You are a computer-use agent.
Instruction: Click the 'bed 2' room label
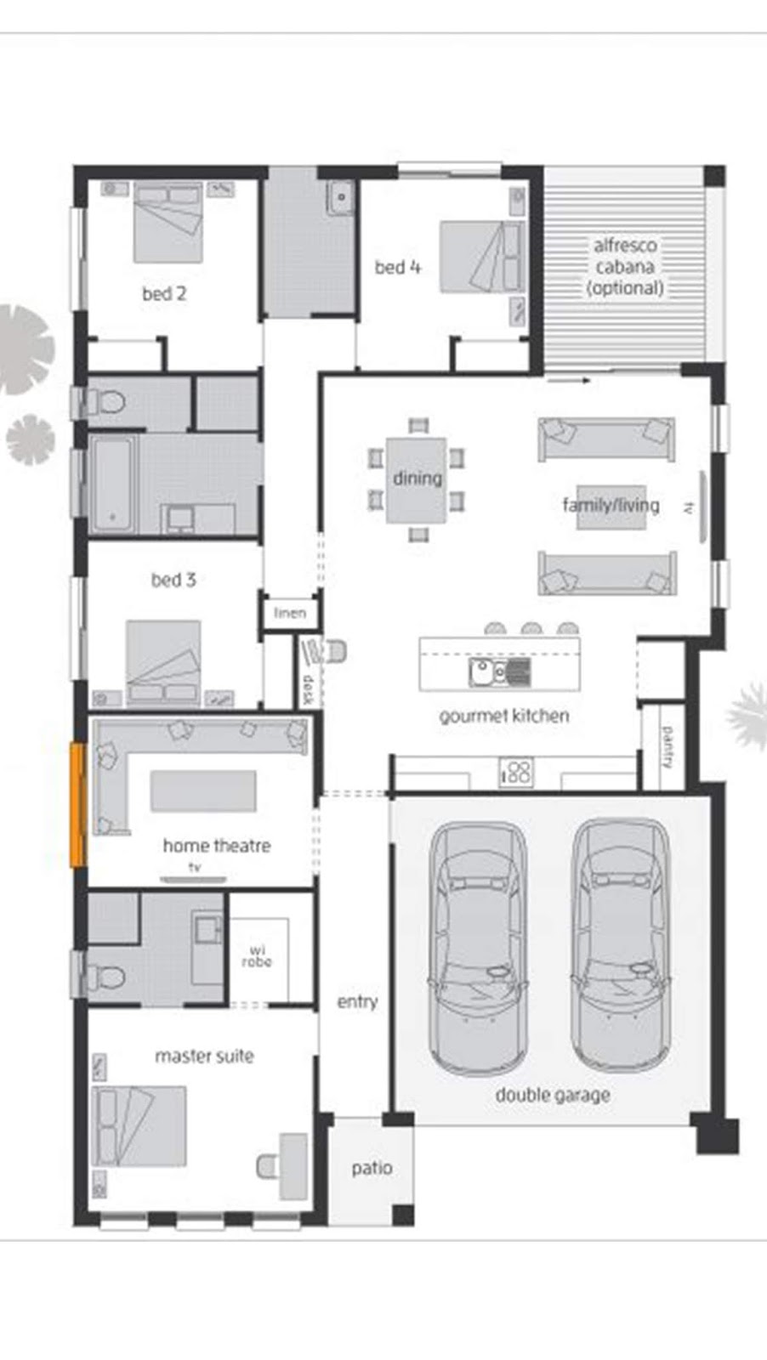pos(164,294)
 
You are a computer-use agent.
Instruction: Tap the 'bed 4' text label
pos(398,267)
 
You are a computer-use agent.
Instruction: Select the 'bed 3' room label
pos(173,580)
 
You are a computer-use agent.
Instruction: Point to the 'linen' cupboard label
pos(290,613)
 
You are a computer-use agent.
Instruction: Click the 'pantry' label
pos(668,746)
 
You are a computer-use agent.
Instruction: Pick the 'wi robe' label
pos(257,956)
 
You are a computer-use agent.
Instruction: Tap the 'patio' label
pos(372,1168)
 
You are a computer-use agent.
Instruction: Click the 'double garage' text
pos(553,1095)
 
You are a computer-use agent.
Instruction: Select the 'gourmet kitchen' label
pos(504,716)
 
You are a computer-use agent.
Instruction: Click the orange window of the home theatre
pos(77,805)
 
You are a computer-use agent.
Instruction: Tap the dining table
pos(417,479)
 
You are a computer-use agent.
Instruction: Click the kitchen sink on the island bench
pos(482,672)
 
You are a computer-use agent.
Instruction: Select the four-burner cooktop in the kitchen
pos(516,772)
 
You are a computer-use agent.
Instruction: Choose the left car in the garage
pos(477,949)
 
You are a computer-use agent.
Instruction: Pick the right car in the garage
pos(618,943)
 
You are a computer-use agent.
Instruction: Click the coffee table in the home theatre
pos(203,791)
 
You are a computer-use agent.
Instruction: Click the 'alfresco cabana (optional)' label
pos(625,266)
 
